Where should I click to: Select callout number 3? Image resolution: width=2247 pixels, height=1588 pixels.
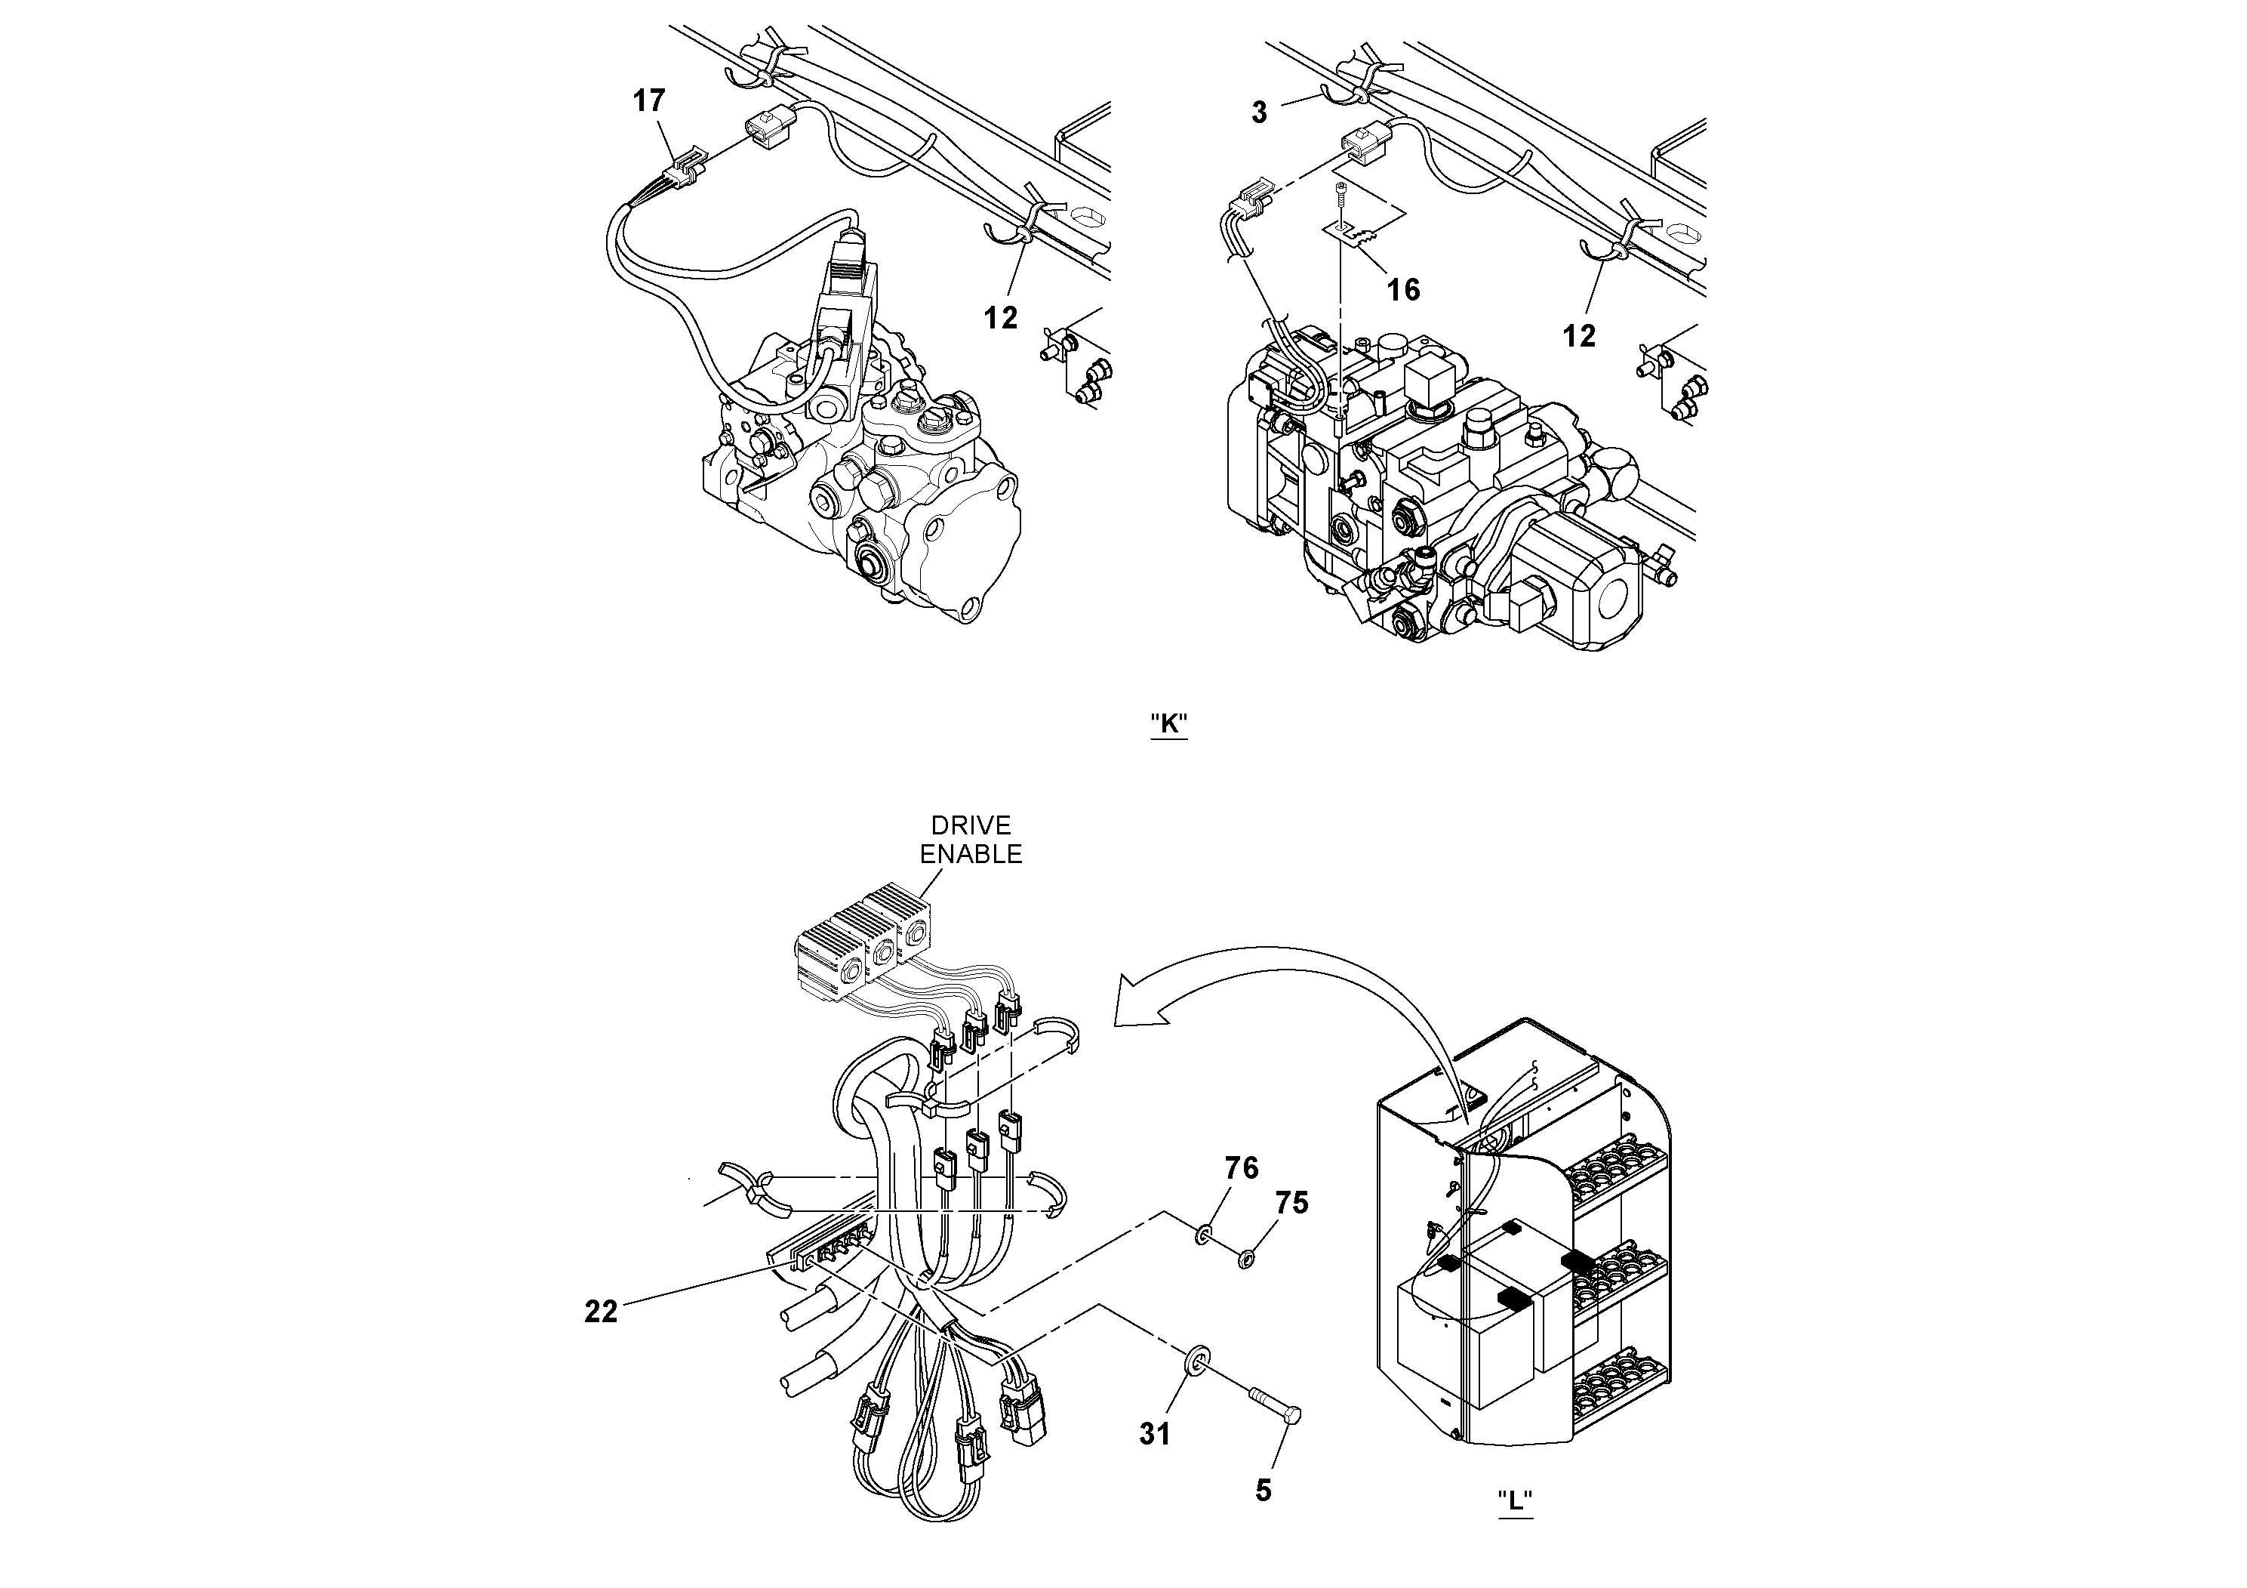[1260, 113]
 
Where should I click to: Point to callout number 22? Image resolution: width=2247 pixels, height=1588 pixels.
[601, 1312]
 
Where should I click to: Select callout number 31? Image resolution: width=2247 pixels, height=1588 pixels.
[1155, 1434]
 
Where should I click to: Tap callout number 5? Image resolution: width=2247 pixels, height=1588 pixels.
[1264, 1491]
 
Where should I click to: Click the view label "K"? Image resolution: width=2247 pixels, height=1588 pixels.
[1168, 724]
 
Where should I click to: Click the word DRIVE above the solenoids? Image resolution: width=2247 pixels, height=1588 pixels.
[970, 825]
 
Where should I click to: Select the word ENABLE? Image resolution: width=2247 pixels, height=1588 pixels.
[970, 854]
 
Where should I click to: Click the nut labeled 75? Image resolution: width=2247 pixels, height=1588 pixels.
[1247, 1258]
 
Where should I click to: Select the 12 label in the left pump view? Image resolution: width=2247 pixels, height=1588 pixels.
[1000, 317]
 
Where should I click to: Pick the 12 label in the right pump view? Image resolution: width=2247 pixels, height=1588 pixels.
[1578, 336]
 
